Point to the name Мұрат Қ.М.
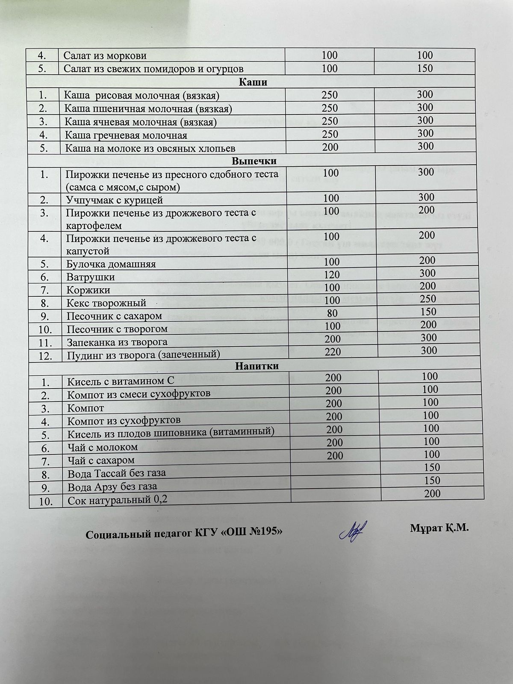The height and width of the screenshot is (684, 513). [x=439, y=528]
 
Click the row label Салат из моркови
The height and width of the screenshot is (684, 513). [x=105, y=56]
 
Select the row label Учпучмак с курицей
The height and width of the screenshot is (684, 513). [x=115, y=200]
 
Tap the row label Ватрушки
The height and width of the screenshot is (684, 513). [x=91, y=277]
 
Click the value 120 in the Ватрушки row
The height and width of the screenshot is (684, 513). [x=332, y=274]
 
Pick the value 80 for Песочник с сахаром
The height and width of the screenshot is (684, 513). [x=333, y=313]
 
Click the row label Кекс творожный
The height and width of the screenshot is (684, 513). [x=106, y=303]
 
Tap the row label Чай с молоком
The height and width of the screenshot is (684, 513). [x=103, y=447]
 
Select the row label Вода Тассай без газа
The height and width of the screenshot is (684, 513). [x=116, y=473]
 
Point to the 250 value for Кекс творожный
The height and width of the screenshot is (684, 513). [x=428, y=298]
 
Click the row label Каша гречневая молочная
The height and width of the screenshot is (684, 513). [x=126, y=136]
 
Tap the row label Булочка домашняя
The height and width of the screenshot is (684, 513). [x=111, y=264]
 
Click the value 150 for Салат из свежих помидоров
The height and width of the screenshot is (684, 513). [x=425, y=68]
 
